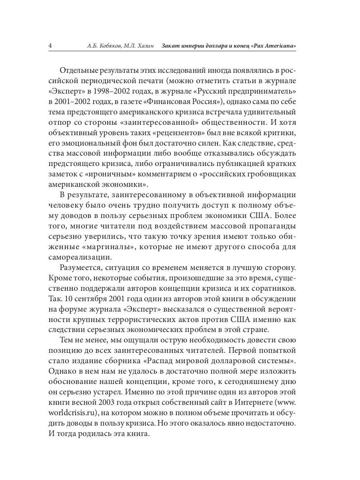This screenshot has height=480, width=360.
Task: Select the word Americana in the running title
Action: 279,46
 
